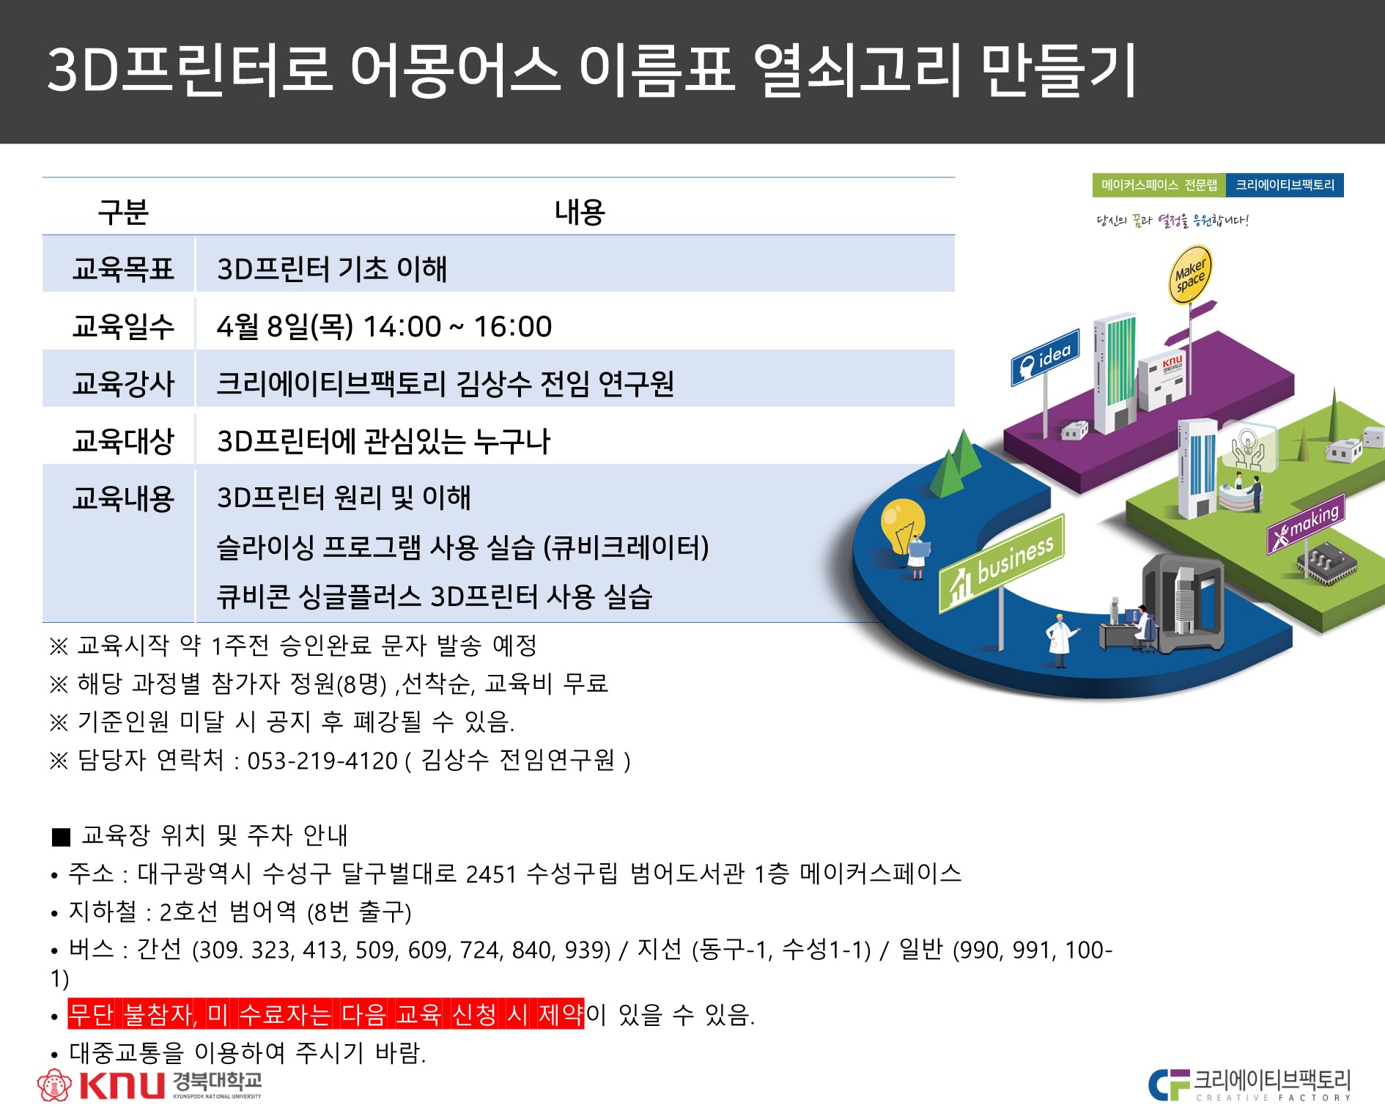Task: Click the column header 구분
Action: [x=123, y=212]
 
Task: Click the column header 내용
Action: [x=580, y=212]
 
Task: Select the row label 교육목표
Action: [x=123, y=269]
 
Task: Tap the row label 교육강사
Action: [x=123, y=383]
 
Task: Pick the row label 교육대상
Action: [x=123, y=440]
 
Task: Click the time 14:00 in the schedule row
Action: [x=402, y=327]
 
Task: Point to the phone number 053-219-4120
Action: [x=322, y=761]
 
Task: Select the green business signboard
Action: [x=1002, y=564]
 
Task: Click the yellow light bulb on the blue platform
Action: [x=902, y=526]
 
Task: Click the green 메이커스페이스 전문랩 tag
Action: [x=1159, y=185]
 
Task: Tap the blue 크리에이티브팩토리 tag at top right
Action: [x=1285, y=185]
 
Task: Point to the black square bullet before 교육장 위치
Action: [x=62, y=837]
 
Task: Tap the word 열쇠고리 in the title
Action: [x=857, y=70]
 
